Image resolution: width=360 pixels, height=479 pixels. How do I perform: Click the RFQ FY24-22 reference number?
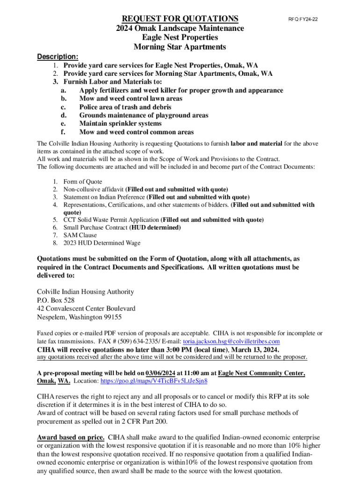point(306,20)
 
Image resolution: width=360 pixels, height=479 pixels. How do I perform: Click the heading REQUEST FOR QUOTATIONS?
point(180,19)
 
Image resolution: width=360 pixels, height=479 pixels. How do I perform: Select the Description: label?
point(58,57)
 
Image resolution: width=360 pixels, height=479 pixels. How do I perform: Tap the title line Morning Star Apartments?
point(180,47)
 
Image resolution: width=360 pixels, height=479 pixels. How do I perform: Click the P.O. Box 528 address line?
point(56,300)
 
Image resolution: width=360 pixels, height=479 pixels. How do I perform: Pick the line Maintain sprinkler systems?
point(121,124)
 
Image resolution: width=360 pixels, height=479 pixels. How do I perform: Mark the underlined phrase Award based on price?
point(71,438)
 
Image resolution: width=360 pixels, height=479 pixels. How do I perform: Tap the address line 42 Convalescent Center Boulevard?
point(86,309)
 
